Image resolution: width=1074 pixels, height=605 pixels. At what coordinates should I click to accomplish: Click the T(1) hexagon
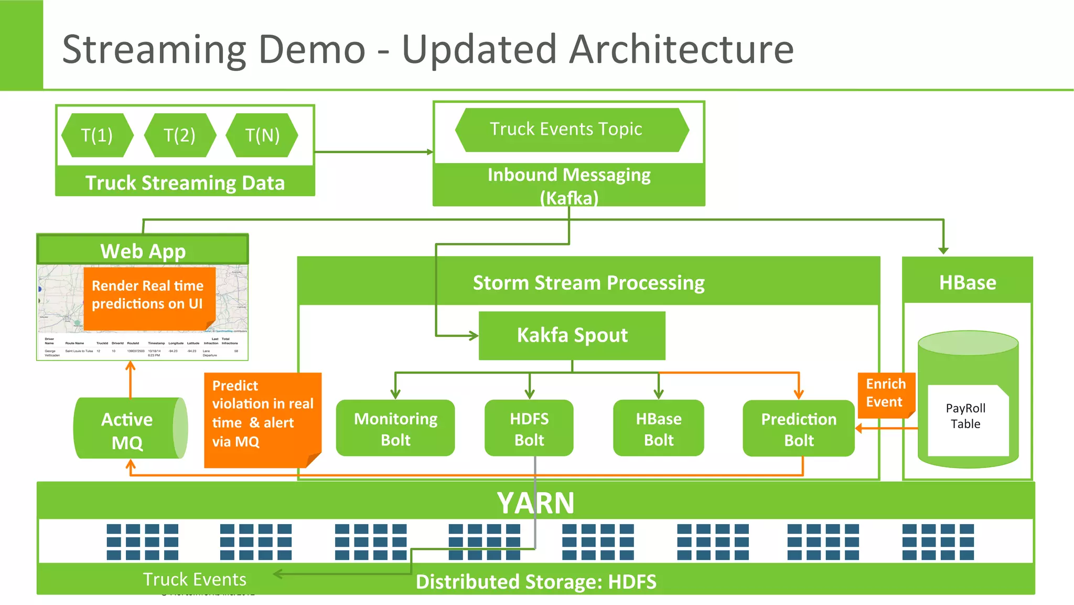(x=97, y=135)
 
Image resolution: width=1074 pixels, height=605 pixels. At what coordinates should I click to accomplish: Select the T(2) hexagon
(x=179, y=135)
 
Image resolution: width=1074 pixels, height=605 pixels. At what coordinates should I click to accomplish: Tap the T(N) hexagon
(x=262, y=135)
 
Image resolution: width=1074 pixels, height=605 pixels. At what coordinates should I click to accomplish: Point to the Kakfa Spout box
(x=572, y=335)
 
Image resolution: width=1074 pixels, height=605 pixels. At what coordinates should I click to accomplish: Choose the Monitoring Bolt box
(x=395, y=428)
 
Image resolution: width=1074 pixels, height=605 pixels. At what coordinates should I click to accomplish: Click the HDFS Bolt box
(x=529, y=428)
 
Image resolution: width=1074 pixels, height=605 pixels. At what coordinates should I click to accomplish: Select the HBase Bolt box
(x=658, y=428)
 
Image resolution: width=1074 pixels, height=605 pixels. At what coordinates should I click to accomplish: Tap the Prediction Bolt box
(x=798, y=428)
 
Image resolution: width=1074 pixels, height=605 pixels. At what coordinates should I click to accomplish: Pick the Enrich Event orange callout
(x=885, y=394)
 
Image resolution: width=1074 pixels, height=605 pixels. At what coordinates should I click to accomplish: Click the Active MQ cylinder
(x=128, y=429)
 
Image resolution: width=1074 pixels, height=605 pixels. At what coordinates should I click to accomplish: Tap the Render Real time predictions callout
(x=148, y=296)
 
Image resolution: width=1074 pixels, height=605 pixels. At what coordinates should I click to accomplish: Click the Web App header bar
(x=143, y=250)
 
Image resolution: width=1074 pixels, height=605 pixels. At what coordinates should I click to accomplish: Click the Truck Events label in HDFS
(x=195, y=579)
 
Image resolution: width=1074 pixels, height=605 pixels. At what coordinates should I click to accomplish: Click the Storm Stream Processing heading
(x=588, y=282)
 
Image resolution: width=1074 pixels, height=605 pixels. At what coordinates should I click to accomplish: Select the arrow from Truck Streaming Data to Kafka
(x=373, y=152)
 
